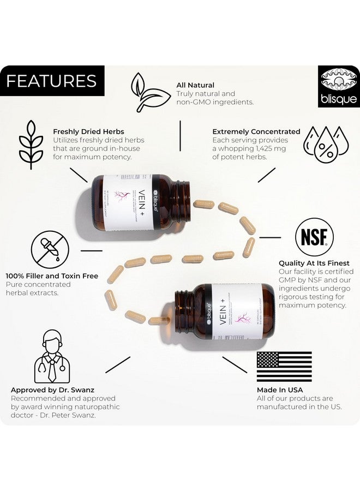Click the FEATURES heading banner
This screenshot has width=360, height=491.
(x=52, y=81)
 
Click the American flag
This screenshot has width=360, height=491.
(x=284, y=366)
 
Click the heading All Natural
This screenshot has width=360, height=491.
(x=195, y=85)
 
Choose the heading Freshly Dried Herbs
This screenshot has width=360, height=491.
(x=88, y=131)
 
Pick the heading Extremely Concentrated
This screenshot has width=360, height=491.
(x=256, y=131)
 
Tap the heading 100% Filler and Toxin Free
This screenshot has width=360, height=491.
(x=52, y=276)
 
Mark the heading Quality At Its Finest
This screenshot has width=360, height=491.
(x=314, y=263)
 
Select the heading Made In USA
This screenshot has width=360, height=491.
(x=280, y=390)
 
